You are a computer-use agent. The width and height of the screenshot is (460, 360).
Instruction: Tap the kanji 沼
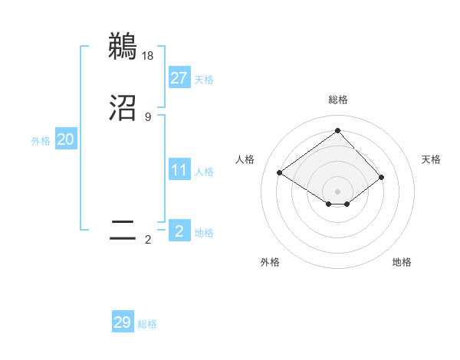[x=123, y=108]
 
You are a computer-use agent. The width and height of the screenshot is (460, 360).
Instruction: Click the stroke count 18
[x=149, y=55]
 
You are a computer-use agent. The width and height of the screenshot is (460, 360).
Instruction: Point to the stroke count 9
[x=148, y=117]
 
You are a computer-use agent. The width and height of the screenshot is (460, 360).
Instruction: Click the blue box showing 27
[x=179, y=77]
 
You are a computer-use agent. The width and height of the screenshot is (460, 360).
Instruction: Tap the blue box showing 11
[x=179, y=170]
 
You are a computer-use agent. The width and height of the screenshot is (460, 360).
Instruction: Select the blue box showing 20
[x=65, y=139]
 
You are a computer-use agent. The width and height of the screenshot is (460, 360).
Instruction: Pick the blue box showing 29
[x=123, y=322]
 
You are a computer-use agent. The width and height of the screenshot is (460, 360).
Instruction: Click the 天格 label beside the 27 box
[x=204, y=80]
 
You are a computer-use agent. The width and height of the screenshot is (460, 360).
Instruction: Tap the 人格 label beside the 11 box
[x=204, y=172]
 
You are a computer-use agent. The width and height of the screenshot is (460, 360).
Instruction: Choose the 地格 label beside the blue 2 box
[x=204, y=233]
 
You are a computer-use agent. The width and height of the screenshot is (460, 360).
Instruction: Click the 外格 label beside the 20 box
[x=41, y=141]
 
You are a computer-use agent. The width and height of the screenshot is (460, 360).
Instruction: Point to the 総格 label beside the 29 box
[x=147, y=325]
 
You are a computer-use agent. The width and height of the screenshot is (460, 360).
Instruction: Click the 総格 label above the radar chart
[x=337, y=100]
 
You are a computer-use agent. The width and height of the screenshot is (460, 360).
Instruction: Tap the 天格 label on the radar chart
[x=432, y=159]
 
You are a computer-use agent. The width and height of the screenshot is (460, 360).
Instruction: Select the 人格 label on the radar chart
[x=245, y=159]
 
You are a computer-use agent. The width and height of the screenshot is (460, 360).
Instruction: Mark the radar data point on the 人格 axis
[x=280, y=172]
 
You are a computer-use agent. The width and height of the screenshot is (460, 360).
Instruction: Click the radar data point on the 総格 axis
[x=337, y=130]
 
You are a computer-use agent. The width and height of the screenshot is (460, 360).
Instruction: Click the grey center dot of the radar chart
[x=337, y=191]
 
